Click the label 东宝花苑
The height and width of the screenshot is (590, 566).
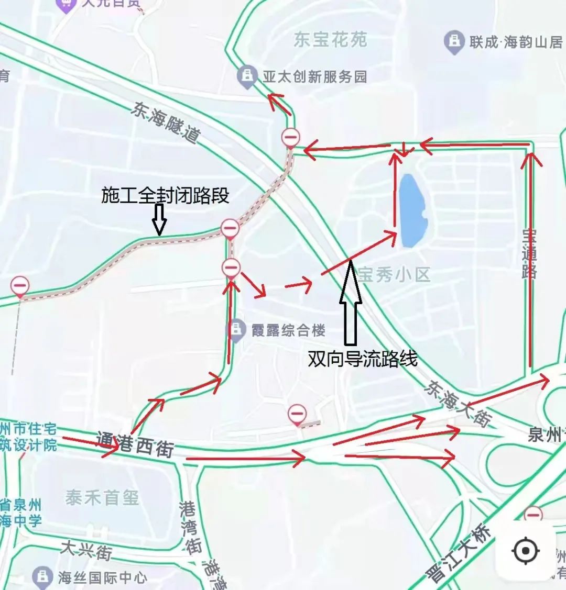click(330, 40)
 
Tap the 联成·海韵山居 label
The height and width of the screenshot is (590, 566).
click(516, 42)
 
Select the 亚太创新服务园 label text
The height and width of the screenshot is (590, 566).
click(315, 77)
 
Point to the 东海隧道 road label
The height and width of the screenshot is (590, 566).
click(166, 123)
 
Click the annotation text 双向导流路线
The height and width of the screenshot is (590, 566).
click(363, 359)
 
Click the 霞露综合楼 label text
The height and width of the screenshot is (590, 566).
click(288, 330)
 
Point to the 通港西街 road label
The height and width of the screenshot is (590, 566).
click(135, 444)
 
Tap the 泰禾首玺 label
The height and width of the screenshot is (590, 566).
click(102, 498)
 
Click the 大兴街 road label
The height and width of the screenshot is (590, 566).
click(86, 551)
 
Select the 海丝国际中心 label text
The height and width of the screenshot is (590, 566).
click(103, 578)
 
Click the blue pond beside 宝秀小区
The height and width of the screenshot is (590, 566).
click(413, 210)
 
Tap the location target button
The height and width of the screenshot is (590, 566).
click(526, 551)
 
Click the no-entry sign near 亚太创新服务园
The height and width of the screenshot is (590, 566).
click(291, 138)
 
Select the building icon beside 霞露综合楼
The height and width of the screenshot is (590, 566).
click(236, 329)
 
